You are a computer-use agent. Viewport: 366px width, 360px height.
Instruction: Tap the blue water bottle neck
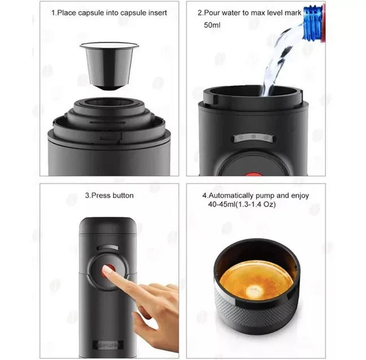tap(313, 23)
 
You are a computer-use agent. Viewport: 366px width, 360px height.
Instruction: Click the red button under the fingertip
tap(108, 270)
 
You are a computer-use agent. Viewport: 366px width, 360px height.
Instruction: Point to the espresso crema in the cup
tap(256, 281)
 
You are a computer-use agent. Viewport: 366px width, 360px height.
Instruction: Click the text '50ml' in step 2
tap(212, 25)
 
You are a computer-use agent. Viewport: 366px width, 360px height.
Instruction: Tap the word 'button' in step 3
tap(123, 195)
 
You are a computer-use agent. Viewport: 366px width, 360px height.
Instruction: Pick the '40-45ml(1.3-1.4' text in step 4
tap(234, 204)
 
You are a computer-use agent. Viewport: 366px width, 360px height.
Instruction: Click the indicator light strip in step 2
tap(254, 138)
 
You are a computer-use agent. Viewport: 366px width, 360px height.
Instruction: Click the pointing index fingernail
tap(107, 270)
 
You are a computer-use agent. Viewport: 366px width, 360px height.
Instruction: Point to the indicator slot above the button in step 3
tap(108, 248)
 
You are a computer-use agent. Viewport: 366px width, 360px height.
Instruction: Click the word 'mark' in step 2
tap(293, 13)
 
